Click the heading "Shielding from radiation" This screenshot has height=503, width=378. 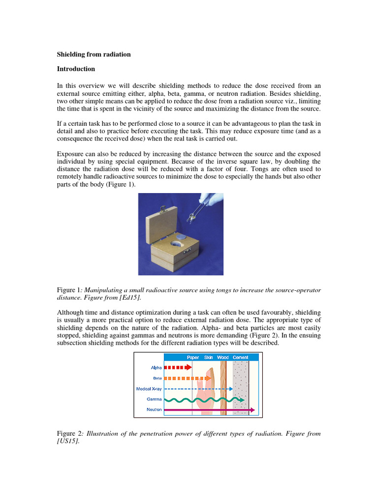pyautogui.click(x=94, y=55)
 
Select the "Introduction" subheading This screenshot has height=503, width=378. pyautogui.click(x=76, y=69)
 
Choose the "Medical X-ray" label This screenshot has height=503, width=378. pyautogui.click(x=149, y=389)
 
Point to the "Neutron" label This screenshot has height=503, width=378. pyautogui.click(x=154, y=410)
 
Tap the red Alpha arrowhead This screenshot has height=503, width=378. pyautogui.click(x=189, y=367)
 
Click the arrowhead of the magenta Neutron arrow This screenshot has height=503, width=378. pyautogui.click(x=252, y=410)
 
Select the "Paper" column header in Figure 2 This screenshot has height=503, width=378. pyautogui.click(x=193, y=358)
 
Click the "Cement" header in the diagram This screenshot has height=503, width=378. pyautogui.click(x=240, y=358)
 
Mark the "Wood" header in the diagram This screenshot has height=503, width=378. pyautogui.click(x=222, y=358)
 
